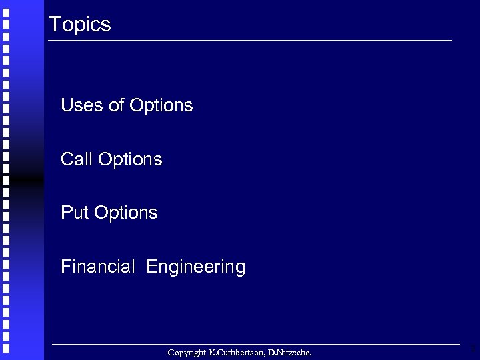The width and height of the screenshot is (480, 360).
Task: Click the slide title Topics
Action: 80,25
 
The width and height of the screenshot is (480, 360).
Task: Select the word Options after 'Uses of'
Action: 161,106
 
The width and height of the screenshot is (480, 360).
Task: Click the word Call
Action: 77,159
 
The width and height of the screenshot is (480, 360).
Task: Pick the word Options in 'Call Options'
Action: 130,160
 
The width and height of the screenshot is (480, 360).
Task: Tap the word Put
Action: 75,213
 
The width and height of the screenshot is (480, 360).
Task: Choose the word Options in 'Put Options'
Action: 126,213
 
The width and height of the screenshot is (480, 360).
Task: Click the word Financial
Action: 97,267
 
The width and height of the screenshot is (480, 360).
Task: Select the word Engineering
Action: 196,268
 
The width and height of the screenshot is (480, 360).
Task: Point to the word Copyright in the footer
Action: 187,352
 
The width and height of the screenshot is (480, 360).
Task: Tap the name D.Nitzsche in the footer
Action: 289,352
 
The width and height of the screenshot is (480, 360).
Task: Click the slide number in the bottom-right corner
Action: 473,348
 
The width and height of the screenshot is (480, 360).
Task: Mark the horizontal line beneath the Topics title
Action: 250,41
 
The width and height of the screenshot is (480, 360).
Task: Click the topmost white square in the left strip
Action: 5,5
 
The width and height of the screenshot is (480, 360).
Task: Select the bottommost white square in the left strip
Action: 5,347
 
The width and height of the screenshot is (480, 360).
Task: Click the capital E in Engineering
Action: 151,267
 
